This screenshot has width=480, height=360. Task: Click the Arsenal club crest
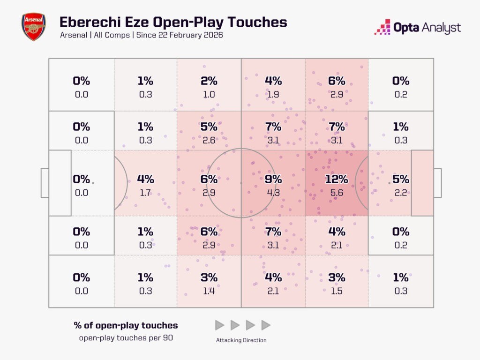click(x=33, y=27)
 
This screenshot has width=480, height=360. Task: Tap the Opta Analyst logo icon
click(x=382, y=27)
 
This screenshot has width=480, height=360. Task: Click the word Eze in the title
click(x=135, y=22)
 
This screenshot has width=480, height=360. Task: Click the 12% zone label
click(x=337, y=179)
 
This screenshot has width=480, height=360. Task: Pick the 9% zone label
click(x=273, y=179)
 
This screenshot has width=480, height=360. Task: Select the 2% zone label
click(x=209, y=81)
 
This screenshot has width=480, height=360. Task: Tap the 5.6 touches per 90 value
click(x=337, y=192)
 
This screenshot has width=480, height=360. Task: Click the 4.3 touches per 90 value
click(x=273, y=192)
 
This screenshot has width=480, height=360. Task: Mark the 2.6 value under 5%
click(x=209, y=140)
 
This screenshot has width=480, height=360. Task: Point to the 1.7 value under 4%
click(x=145, y=192)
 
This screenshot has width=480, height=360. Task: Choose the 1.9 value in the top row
click(x=273, y=94)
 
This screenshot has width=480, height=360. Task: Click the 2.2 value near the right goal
click(x=401, y=192)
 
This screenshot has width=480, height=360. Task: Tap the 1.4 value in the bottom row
click(x=209, y=291)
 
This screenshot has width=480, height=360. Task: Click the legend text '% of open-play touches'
click(x=126, y=325)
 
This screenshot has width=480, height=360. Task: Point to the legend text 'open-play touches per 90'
click(x=126, y=338)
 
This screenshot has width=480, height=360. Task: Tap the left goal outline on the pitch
click(x=45, y=183)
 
